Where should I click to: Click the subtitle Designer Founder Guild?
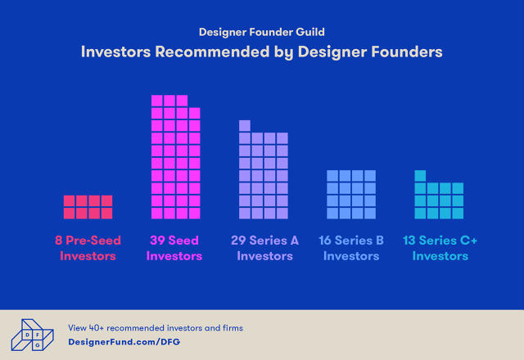pyautogui.click(x=262, y=32)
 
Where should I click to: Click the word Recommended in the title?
pyautogui.click(x=212, y=52)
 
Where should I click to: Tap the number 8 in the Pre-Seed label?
pyautogui.click(x=58, y=241)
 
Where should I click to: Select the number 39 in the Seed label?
pyautogui.click(x=157, y=241)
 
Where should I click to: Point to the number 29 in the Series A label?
pyautogui.click(x=238, y=241)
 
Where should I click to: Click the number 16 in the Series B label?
pyautogui.click(x=325, y=241)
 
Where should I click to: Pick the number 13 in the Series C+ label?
pyautogui.click(x=409, y=241)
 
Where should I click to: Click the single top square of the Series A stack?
pyautogui.click(x=245, y=125)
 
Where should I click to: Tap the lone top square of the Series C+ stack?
pyautogui.click(x=420, y=176)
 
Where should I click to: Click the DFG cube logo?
pyautogui.click(x=33, y=335)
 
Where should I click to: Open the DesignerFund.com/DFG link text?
pyautogui.click(x=124, y=342)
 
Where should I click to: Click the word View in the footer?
pyautogui.click(x=77, y=328)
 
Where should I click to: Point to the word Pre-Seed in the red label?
pyautogui.click(x=93, y=241)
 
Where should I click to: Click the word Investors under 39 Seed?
pyautogui.click(x=174, y=256)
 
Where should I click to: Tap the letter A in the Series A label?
pyautogui.click(x=295, y=241)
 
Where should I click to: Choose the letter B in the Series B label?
pyautogui.click(x=380, y=241)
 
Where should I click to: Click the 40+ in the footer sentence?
pyautogui.click(x=97, y=328)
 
